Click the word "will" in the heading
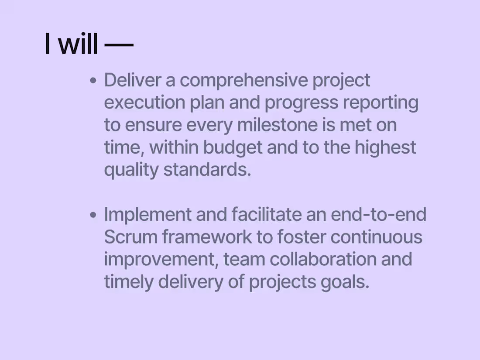pyautogui.click(x=78, y=44)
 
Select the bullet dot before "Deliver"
pyautogui.click(x=93, y=81)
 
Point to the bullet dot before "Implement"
pyautogui.click(x=93, y=215)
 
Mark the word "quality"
pyautogui.click(x=131, y=170)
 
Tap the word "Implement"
pyautogui.click(x=147, y=215)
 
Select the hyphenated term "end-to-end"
pyautogui.click(x=378, y=215)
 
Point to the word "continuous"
pyautogui.click(x=376, y=237)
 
